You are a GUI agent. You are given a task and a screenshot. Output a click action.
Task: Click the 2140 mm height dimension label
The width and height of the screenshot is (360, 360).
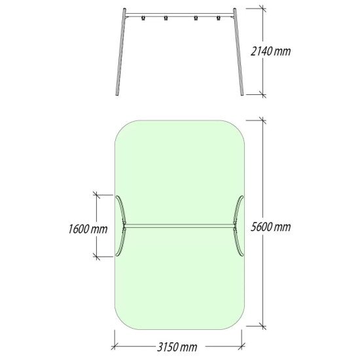pyautogui.click(x=270, y=51)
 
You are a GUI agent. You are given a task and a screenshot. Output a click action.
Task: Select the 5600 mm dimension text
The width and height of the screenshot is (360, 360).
pyautogui.click(x=270, y=227)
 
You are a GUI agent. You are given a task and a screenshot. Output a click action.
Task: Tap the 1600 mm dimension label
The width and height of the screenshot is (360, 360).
pyautogui.click(x=88, y=229)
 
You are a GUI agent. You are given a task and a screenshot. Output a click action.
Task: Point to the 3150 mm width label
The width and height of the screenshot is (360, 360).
pyautogui.click(x=177, y=347)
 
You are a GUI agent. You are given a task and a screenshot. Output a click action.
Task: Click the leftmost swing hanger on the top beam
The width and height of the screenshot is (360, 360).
pyautogui.click(x=143, y=18)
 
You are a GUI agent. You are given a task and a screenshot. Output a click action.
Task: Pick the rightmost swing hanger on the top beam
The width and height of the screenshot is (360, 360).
pyautogui.click(x=219, y=18)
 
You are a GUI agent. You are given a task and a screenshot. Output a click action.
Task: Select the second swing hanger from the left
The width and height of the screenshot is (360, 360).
pyautogui.click(x=166, y=18)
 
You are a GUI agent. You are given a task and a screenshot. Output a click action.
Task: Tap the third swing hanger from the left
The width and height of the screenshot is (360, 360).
pyautogui.click(x=196, y=18)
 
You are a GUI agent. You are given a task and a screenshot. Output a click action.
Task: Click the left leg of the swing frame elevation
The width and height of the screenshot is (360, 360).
pyautogui.click(x=121, y=52)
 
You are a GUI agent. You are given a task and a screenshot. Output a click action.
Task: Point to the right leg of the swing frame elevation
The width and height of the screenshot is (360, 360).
pyautogui.click(x=238, y=52)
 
